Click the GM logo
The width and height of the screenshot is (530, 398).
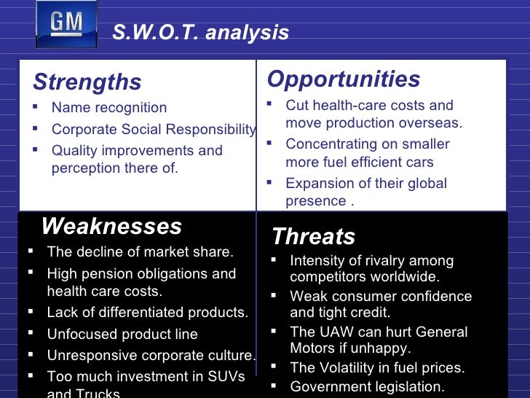coord(66,25)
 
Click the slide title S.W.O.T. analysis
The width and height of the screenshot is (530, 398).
coord(200,33)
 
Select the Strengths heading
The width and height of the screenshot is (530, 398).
coord(87,82)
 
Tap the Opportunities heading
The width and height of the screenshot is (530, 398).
coord(344,79)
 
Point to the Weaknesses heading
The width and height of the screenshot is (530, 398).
coord(111,226)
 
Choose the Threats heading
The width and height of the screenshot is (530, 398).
coord(313,236)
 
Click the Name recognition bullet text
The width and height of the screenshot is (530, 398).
coord(109,108)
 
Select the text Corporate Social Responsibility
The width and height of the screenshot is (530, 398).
coord(154,130)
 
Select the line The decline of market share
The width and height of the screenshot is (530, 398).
coord(140,252)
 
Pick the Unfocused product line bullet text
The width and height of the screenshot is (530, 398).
coord(122,334)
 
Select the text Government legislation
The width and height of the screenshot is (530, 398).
coord(367,387)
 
